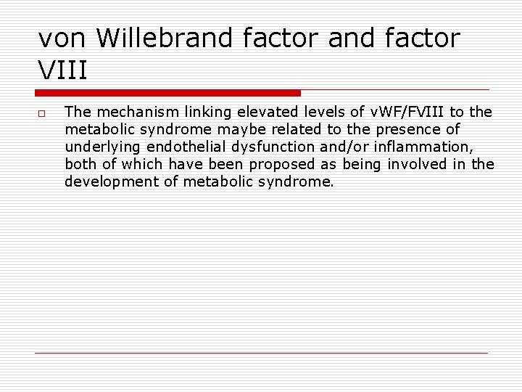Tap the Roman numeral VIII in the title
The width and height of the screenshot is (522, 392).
(63, 71)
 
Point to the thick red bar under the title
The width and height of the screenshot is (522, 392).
(168, 93)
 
